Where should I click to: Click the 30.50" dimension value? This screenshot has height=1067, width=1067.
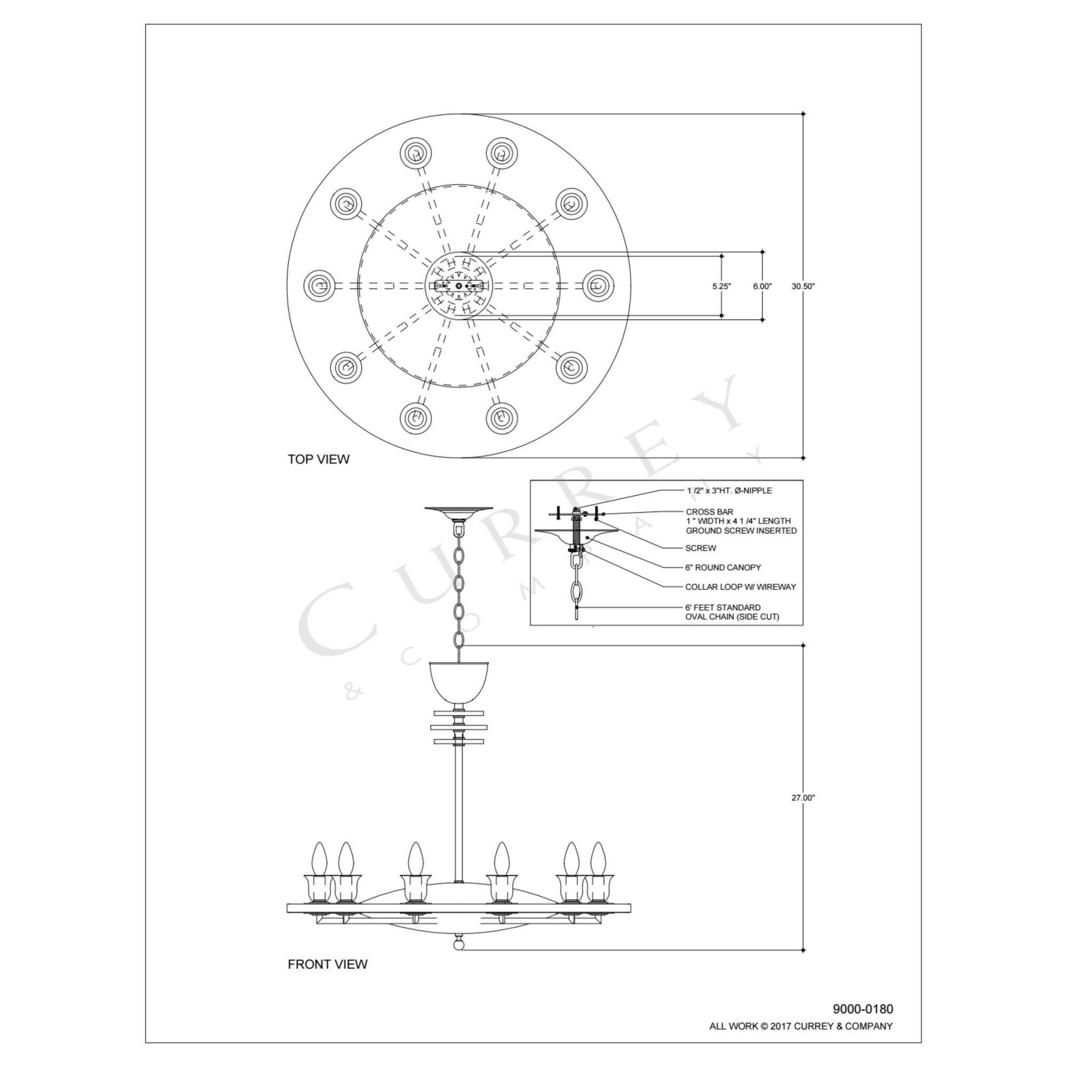[803, 286]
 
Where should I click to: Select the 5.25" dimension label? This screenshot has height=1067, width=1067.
[721, 286]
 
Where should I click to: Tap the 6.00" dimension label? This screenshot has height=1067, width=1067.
[762, 286]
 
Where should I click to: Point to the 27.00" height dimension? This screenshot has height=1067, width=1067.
[803, 798]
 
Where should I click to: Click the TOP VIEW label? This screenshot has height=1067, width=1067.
[318, 459]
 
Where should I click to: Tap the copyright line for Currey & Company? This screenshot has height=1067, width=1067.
[801, 1026]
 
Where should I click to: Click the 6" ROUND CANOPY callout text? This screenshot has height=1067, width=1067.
[723, 567]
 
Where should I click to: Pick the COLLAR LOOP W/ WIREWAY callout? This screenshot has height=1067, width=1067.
[740, 587]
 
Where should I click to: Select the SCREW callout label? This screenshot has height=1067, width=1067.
[700, 548]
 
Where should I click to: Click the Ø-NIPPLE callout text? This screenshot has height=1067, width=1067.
[729, 490]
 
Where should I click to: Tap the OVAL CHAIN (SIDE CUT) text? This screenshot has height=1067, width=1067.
[732, 616]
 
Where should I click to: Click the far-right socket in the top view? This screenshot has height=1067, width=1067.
[599, 285]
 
